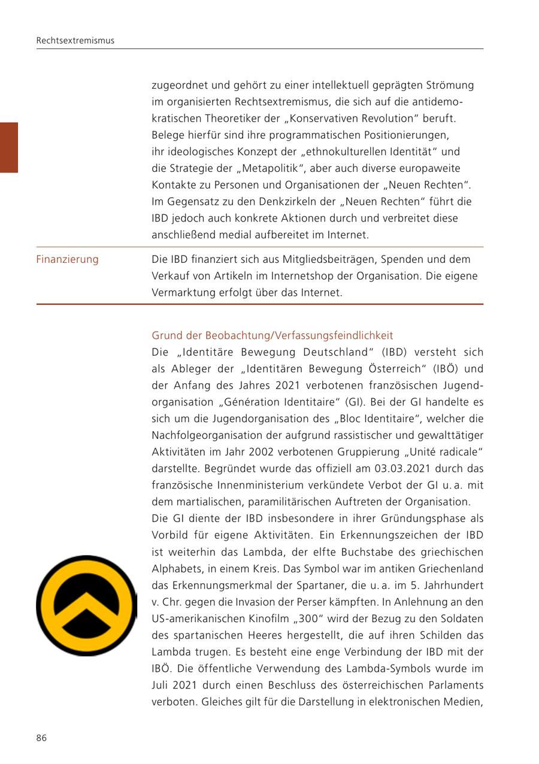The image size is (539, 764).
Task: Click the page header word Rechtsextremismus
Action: [x=75, y=41]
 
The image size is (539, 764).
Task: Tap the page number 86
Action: [x=41, y=738]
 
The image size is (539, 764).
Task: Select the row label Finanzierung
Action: [x=67, y=259]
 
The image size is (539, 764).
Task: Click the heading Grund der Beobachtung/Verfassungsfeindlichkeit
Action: [x=272, y=335]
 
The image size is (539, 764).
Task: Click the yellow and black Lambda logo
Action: [x=86, y=605]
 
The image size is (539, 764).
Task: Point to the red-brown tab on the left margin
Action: [x=9, y=147]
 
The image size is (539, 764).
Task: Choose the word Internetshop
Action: [x=295, y=276]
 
